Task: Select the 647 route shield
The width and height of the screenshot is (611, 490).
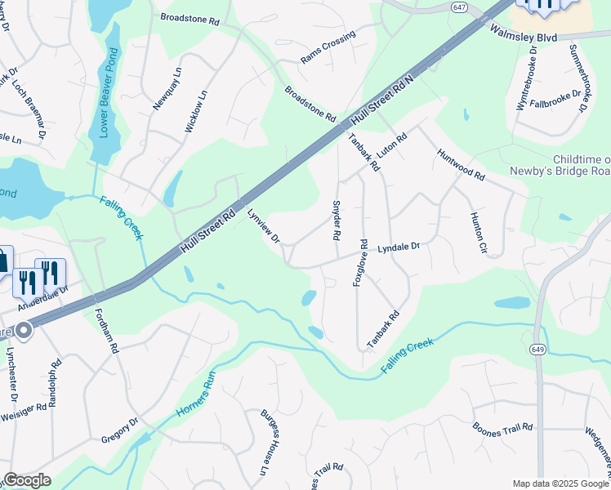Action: pyautogui.click(x=460, y=7)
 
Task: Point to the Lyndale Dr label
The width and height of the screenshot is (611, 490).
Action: pyautogui.click(x=398, y=246)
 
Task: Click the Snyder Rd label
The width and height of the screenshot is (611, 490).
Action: pyautogui.click(x=336, y=220)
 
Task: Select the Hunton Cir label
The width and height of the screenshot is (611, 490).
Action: pyautogui.click(x=477, y=234)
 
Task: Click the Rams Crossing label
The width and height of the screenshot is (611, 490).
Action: pyautogui.click(x=328, y=48)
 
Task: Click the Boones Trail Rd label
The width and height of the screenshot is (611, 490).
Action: pyautogui.click(x=503, y=427)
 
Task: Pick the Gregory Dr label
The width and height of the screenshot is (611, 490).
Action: pyautogui.click(x=120, y=430)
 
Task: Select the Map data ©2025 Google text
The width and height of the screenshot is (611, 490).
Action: pyautogui.click(x=560, y=483)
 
